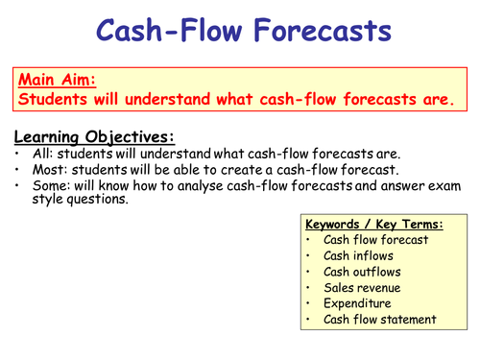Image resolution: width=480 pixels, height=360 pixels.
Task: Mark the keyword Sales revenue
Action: pos(363,288)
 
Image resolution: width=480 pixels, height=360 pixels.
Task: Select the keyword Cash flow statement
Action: pos(379,320)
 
